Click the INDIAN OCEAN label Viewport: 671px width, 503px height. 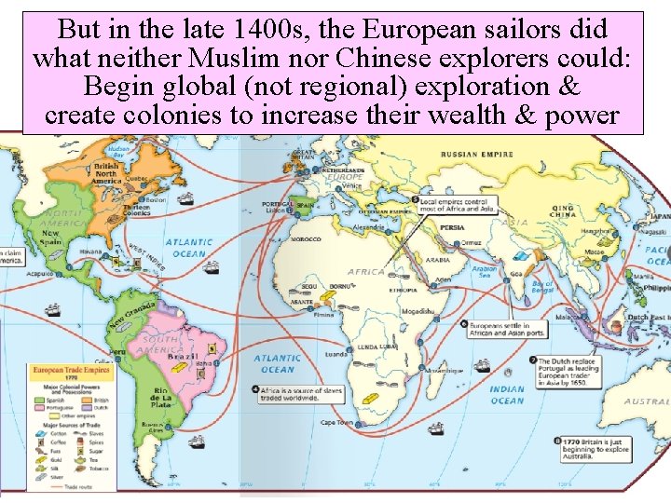tap(507, 395)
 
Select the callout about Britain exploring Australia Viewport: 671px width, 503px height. tap(596, 447)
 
